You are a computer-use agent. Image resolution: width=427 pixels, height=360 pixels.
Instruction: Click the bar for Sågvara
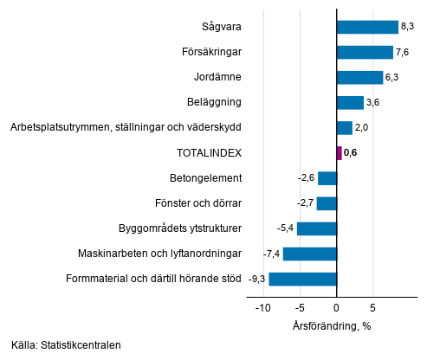pos(367,27)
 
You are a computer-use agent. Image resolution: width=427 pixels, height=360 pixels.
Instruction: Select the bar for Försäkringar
pos(365,53)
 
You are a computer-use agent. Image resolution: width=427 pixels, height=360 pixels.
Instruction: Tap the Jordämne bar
pos(359,78)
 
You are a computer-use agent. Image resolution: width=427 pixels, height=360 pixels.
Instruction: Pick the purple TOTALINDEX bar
pos(339,153)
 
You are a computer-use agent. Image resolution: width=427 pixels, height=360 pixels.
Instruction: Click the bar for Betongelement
pos(327,178)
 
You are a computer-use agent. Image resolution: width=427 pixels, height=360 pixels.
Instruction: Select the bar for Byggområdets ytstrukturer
pos(317,228)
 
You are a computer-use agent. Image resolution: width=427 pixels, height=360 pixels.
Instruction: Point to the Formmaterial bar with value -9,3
pos(302,279)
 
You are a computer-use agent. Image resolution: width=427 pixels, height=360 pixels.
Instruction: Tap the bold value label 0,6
pos(351,153)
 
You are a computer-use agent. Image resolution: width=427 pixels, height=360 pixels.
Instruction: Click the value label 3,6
pos(373,103)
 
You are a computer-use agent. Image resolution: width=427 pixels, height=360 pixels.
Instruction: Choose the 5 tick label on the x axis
pos(372,306)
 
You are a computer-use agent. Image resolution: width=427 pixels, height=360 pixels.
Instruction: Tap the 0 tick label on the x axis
pos(336,306)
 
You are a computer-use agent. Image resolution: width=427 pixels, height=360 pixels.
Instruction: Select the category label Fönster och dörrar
pos(198,203)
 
